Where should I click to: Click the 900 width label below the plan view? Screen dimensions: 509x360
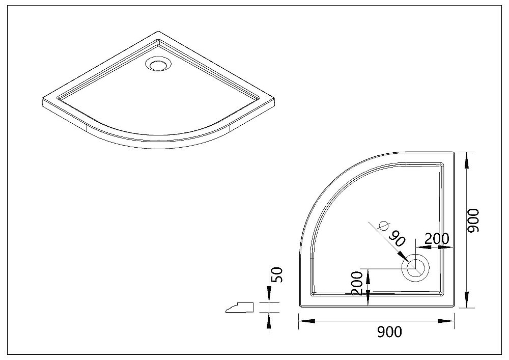point(389,332)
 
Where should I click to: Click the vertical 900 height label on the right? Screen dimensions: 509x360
point(473,221)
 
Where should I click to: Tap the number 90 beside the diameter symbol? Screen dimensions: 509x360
point(398,239)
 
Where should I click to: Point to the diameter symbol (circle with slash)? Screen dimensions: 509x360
point(384,225)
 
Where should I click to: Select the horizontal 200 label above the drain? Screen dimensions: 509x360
point(437,239)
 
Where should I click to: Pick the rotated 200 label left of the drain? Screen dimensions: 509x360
point(357,284)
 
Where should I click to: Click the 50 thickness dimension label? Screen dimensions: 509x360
point(278,275)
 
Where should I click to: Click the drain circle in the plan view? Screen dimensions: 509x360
point(415,268)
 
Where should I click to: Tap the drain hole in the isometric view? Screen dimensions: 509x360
point(158,64)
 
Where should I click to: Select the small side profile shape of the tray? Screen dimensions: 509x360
point(240,308)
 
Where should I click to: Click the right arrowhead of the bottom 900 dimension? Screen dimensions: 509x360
point(446,321)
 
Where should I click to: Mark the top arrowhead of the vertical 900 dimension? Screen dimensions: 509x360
point(467,160)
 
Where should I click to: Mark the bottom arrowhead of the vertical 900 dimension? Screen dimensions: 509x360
point(467,299)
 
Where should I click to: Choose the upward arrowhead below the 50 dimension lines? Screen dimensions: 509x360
point(269,321)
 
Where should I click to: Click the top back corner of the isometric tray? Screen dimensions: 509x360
point(158,32)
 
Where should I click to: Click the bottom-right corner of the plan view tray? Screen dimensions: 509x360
point(454,307)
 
